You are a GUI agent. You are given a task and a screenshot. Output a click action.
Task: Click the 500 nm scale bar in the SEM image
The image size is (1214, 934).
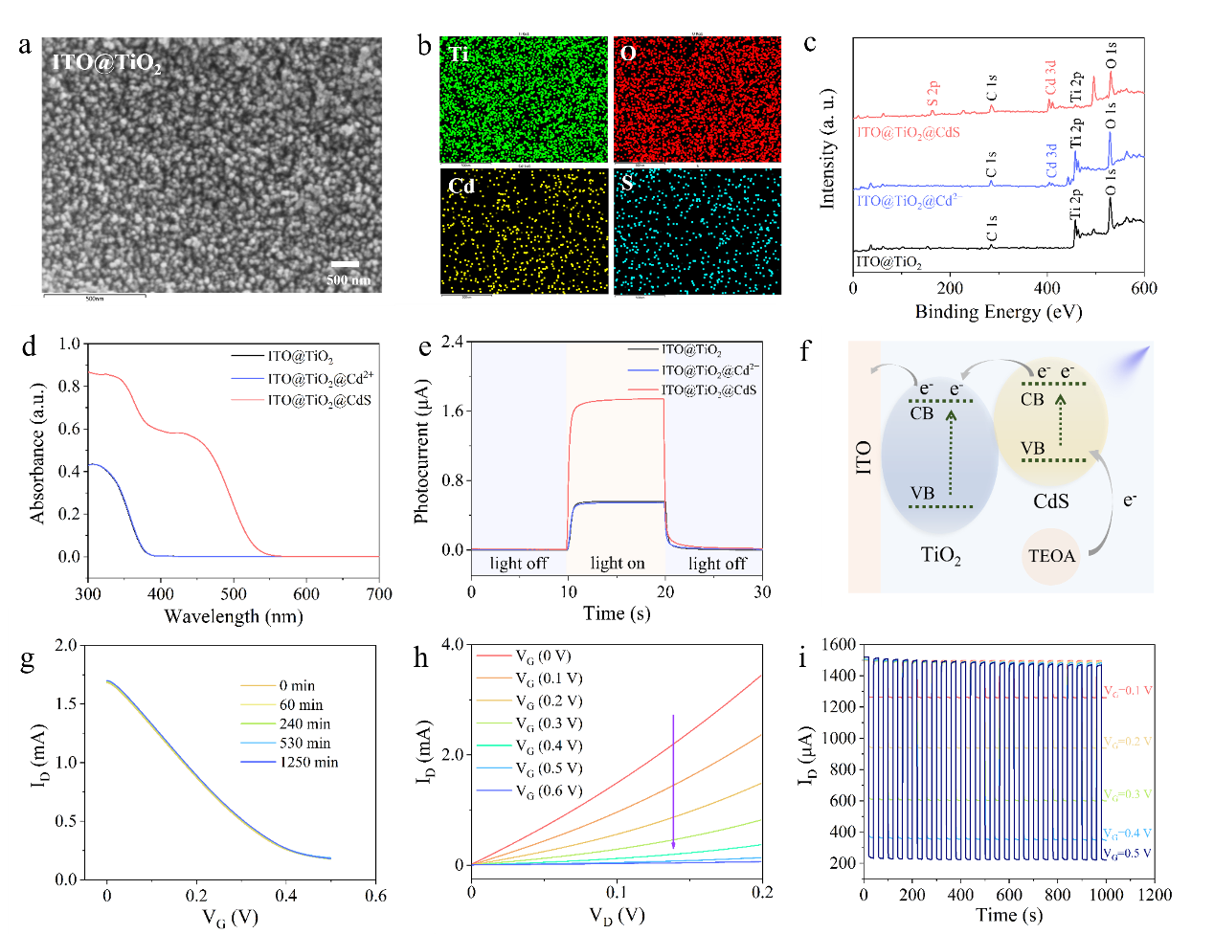click(x=345, y=264)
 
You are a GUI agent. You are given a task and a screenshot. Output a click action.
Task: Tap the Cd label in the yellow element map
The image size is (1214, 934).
click(x=461, y=185)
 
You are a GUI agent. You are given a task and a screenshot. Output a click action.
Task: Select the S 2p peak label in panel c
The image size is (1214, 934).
click(x=933, y=93)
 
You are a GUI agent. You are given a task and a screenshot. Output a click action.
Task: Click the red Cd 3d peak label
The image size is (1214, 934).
click(x=1051, y=78)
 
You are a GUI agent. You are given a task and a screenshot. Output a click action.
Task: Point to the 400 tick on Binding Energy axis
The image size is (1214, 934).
click(x=1046, y=288)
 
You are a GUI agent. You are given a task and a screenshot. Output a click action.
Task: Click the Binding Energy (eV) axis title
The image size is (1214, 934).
click(x=999, y=311)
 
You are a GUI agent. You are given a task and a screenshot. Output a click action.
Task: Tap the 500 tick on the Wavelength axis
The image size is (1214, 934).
click(x=234, y=594)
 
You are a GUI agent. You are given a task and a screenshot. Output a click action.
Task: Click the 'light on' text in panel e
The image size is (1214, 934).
click(x=618, y=563)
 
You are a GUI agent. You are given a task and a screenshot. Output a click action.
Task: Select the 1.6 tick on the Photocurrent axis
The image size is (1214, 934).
click(x=452, y=411)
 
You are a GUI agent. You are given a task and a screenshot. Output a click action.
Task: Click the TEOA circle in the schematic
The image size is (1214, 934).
click(x=1051, y=556)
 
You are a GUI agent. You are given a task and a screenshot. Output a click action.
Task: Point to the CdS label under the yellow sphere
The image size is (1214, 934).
click(x=1050, y=501)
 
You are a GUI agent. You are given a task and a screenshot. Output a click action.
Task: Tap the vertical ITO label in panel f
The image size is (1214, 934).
click(x=864, y=458)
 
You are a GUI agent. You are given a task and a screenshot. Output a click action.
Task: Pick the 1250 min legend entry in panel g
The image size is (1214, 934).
click(x=308, y=763)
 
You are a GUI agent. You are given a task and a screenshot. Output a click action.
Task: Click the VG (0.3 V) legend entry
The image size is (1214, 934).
click(x=549, y=724)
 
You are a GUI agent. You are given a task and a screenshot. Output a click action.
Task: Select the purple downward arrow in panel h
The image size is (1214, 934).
click(x=673, y=780)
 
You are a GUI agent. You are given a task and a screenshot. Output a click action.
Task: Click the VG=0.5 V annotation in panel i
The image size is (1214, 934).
click(x=1127, y=853)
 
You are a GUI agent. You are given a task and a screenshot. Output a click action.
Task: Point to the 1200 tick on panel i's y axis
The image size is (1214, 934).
click(x=840, y=707)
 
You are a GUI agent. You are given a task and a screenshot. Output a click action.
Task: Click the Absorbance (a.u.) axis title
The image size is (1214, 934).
click(x=38, y=453)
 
